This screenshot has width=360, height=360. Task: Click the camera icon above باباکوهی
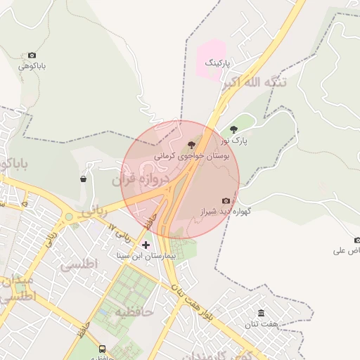(x=32, y=56)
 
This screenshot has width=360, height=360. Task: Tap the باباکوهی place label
(x=32, y=67)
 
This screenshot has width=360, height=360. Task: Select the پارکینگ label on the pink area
(x=217, y=63)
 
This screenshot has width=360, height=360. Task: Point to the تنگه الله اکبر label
(x=255, y=83)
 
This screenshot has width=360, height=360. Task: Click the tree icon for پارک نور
(x=234, y=129)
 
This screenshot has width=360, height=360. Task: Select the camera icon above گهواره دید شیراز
(x=226, y=200)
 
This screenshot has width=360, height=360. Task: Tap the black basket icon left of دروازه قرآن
(x=84, y=179)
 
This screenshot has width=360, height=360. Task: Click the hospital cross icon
(x=146, y=245)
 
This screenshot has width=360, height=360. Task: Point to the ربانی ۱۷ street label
(x=121, y=228)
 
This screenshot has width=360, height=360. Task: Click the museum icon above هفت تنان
(x=262, y=313)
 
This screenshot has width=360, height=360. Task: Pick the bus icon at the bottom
(x=102, y=349)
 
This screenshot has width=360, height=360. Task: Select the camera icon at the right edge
(x=356, y=240)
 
